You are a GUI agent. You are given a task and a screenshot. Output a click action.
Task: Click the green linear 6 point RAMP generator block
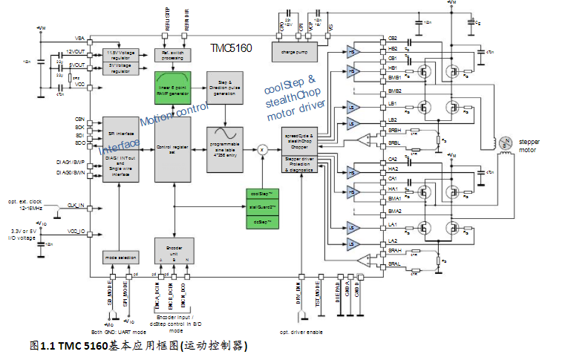pyautogui.click(x=172, y=88)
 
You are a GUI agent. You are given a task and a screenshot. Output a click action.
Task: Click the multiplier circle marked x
pyautogui.click(x=261, y=148)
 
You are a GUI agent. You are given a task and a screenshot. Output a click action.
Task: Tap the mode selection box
pyautogui.click(x=120, y=258)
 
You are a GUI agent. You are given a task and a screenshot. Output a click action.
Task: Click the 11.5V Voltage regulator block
pyautogui.click(x=120, y=55)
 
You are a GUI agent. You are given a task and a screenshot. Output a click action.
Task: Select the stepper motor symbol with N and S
pyautogui.click(x=504, y=141)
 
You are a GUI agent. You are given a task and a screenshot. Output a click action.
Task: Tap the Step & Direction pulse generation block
pyautogui.click(x=226, y=88)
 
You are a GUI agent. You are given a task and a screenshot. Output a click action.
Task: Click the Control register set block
pyautogui.click(x=172, y=148)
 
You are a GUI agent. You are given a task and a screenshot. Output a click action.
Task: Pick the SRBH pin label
pyautogui.click(x=394, y=131)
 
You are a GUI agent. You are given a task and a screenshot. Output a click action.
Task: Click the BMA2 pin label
pyautogui.click(x=394, y=211)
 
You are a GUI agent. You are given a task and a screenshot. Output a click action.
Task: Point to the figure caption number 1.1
pyautogui.click(x=48, y=346)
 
